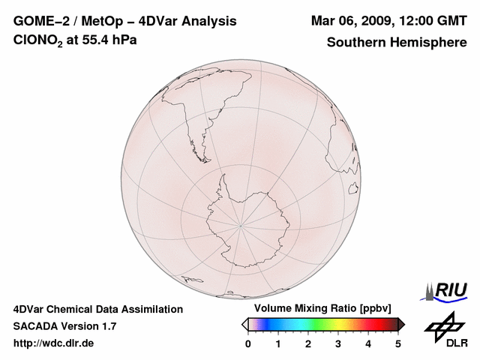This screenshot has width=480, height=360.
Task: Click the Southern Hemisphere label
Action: pyautogui.click(x=397, y=42)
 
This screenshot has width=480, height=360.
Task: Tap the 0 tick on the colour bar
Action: pyautogui.click(x=248, y=343)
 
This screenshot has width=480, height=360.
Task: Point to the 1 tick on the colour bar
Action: pyautogui.click(x=278, y=343)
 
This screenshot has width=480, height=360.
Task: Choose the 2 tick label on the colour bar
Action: pyautogui.click(x=308, y=343)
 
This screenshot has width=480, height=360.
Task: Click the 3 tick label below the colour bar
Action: pyautogui.click(x=338, y=343)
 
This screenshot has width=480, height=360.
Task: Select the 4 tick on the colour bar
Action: pyautogui.click(x=368, y=343)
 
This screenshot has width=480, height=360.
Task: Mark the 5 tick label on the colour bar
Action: pyautogui.click(x=398, y=343)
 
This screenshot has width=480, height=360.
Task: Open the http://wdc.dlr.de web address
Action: pyautogui.click(x=54, y=343)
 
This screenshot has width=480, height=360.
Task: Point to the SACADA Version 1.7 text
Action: pyautogui.click(x=64, y=326)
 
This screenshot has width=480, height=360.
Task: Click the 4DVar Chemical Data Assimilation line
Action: pyautogui.click(x=97, y=309)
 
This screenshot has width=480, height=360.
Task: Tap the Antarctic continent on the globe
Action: pyautogui.click(x=251, y=225)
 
